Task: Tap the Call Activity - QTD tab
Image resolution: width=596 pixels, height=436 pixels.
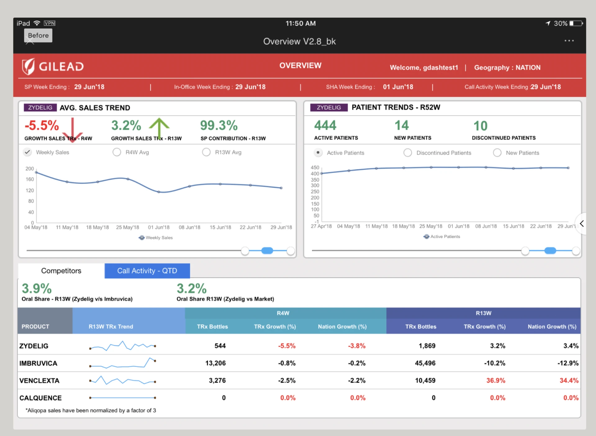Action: click(x=147, y=271)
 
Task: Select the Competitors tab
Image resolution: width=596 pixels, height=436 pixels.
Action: click(x=61, y=271)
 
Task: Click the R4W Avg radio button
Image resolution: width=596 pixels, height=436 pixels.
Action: click(x=117, y=152)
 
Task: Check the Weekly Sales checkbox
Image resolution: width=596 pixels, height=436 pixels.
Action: click(x=28, y=152)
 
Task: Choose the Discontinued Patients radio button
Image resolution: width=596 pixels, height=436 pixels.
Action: click(x=408, y=153)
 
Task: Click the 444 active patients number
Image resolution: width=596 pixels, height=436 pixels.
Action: click(x=325, y=126)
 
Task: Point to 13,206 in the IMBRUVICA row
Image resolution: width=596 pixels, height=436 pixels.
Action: click(x=215, y=363)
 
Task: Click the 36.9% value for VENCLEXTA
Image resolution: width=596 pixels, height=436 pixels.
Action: click(x=495, y=381)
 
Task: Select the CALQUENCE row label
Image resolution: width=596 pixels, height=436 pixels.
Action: click(x=41, y=398)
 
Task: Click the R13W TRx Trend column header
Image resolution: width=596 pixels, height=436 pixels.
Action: click(x=111, y=327)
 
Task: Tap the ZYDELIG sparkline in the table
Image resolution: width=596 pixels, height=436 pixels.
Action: click(x=123, y=346)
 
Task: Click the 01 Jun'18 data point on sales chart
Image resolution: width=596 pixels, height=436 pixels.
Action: click(x=159, y=192)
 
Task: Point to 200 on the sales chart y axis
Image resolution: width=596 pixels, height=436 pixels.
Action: click(x=29, y=169)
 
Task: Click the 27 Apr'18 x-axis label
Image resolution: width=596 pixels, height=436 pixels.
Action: click(x=321, y=226)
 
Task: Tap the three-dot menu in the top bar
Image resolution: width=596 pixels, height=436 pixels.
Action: click(x=569, y=41)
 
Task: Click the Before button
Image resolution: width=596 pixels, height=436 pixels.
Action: click(x=38, y=35)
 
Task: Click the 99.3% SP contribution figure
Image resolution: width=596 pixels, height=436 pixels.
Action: click(x=219, y=126)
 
